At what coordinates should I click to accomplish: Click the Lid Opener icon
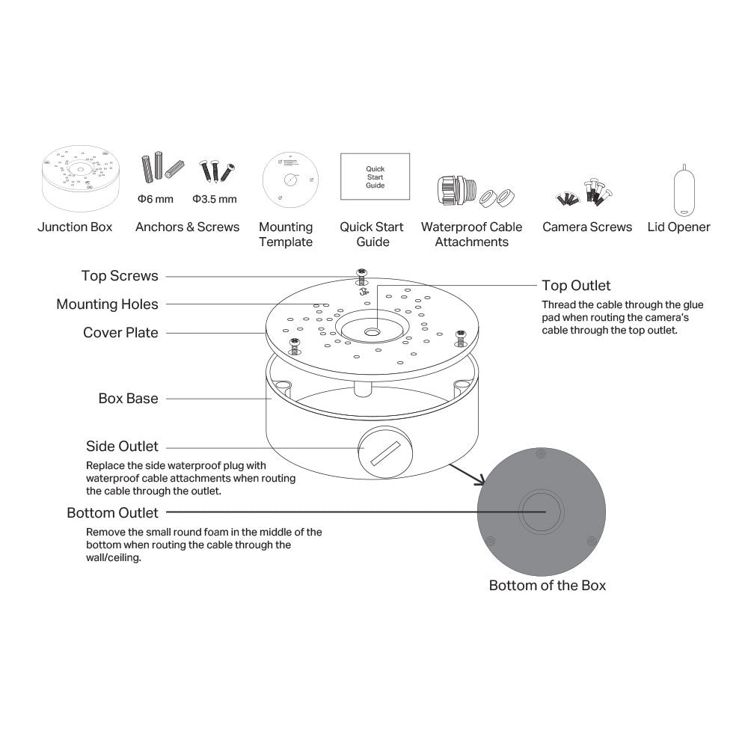(x=684, y=190)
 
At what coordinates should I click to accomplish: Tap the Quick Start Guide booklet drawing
(x=375, y=177)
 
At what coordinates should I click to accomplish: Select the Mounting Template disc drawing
(x=290, y=180)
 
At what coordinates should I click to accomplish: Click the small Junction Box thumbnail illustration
(x=80, y=178)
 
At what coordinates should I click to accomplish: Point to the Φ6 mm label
(x=156, y=199)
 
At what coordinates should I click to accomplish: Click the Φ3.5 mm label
(x=215, y=199)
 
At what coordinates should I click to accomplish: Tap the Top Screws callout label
(x=120, y=276)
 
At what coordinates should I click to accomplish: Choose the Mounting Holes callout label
(x=107, y=304)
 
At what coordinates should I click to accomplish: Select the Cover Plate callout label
(x=120, y=333)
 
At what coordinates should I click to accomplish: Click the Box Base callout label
(x=129, y=399)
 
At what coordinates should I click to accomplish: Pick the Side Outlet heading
(x=122, y=446)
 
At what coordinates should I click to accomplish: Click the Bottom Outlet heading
(x=113, y=512)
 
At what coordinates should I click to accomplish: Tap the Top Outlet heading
(x=576, y=285)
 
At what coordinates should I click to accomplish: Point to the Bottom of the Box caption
(x=548, y=586)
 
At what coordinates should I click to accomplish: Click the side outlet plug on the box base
(x=385, y=452)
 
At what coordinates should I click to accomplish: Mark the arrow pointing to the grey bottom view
(x=467, y=474)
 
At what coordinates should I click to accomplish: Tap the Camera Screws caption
(x=587, y=227)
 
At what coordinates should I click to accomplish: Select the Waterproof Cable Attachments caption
(x=472, y=234)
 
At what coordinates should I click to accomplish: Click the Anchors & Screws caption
(x=188, y=227)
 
